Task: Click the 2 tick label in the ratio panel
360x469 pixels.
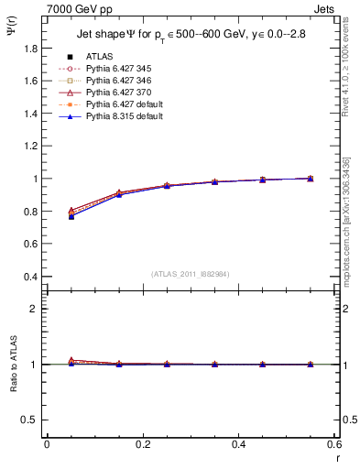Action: point(34,309)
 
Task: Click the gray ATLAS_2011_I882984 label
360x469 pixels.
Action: point(190,274)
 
